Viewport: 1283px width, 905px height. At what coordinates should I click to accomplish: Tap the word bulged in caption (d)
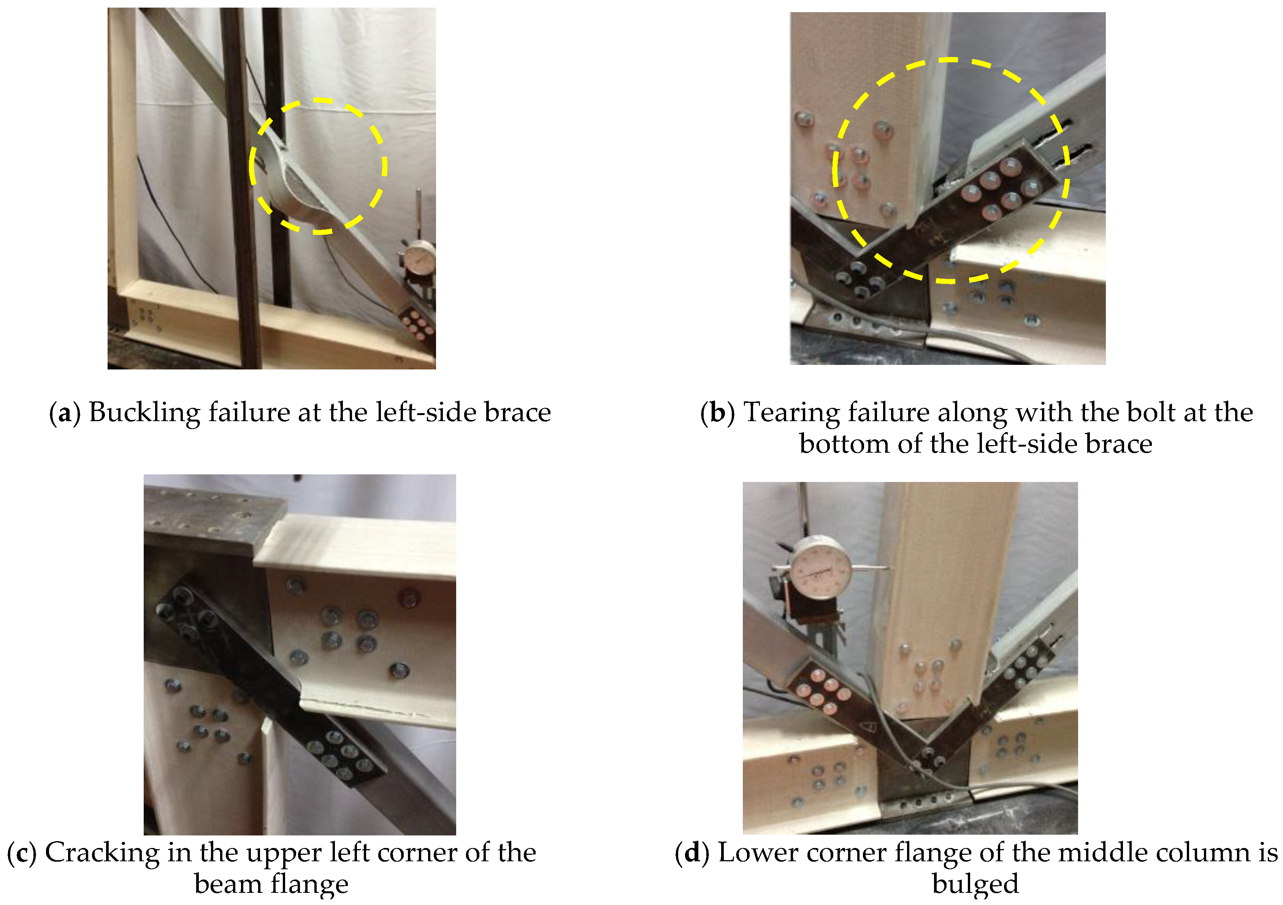(975, 885)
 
